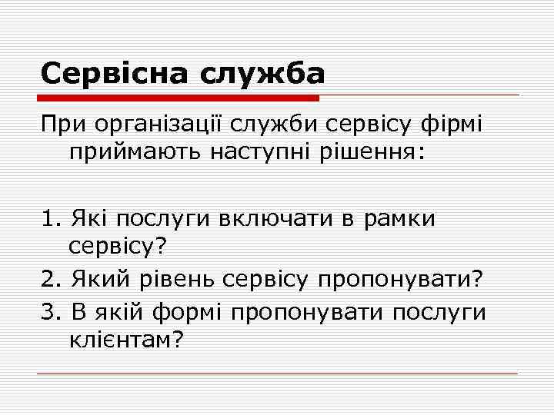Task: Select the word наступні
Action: coord(252,153)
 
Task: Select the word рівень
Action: coord(179,280)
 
